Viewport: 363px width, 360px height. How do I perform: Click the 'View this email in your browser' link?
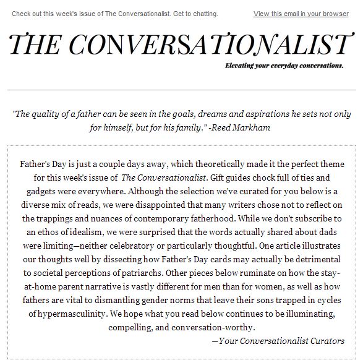[x=301, y=14]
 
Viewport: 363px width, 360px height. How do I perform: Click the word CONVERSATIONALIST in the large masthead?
[x=214, y=45]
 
